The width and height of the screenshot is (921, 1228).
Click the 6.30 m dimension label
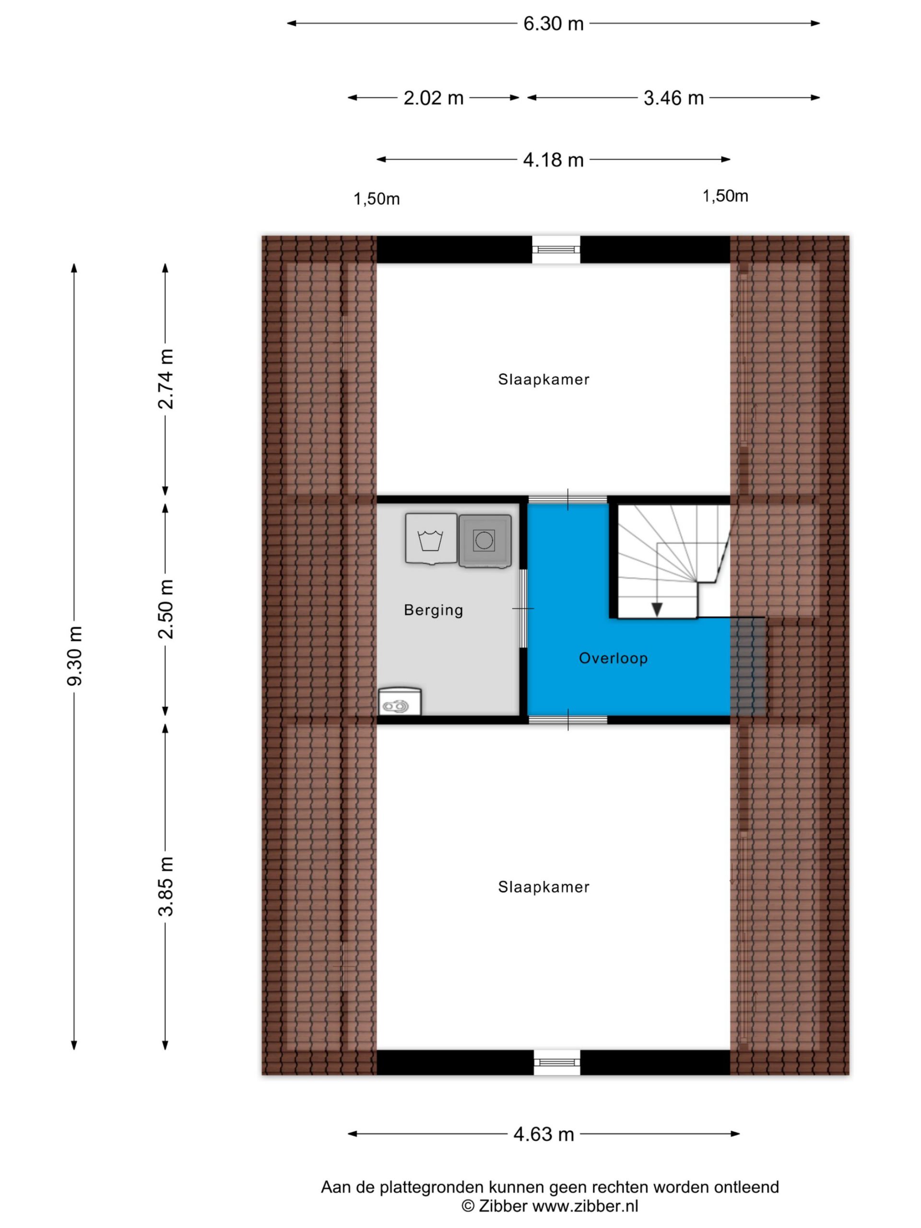click(x=553, y=24)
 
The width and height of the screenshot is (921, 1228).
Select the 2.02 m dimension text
click(x=433, y=98)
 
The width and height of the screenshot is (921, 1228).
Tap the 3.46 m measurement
click(x=673, y=98)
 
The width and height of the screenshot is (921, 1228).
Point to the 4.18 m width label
click(x=553, y=160)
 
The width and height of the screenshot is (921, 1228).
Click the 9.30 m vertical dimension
click(x=74, y=655)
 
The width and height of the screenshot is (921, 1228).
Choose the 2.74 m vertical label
click(x=165, y=379)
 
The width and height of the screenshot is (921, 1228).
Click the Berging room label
click(x=434, y=610)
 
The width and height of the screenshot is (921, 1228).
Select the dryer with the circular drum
click(x=484, y=541)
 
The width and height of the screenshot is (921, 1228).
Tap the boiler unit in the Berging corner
click(x=400, y=701)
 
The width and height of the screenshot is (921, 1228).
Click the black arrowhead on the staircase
click(x=657, y=609)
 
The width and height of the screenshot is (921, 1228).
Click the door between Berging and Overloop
click(x=523, y=608)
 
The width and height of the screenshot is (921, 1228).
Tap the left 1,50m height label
click(x=377, y=199)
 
